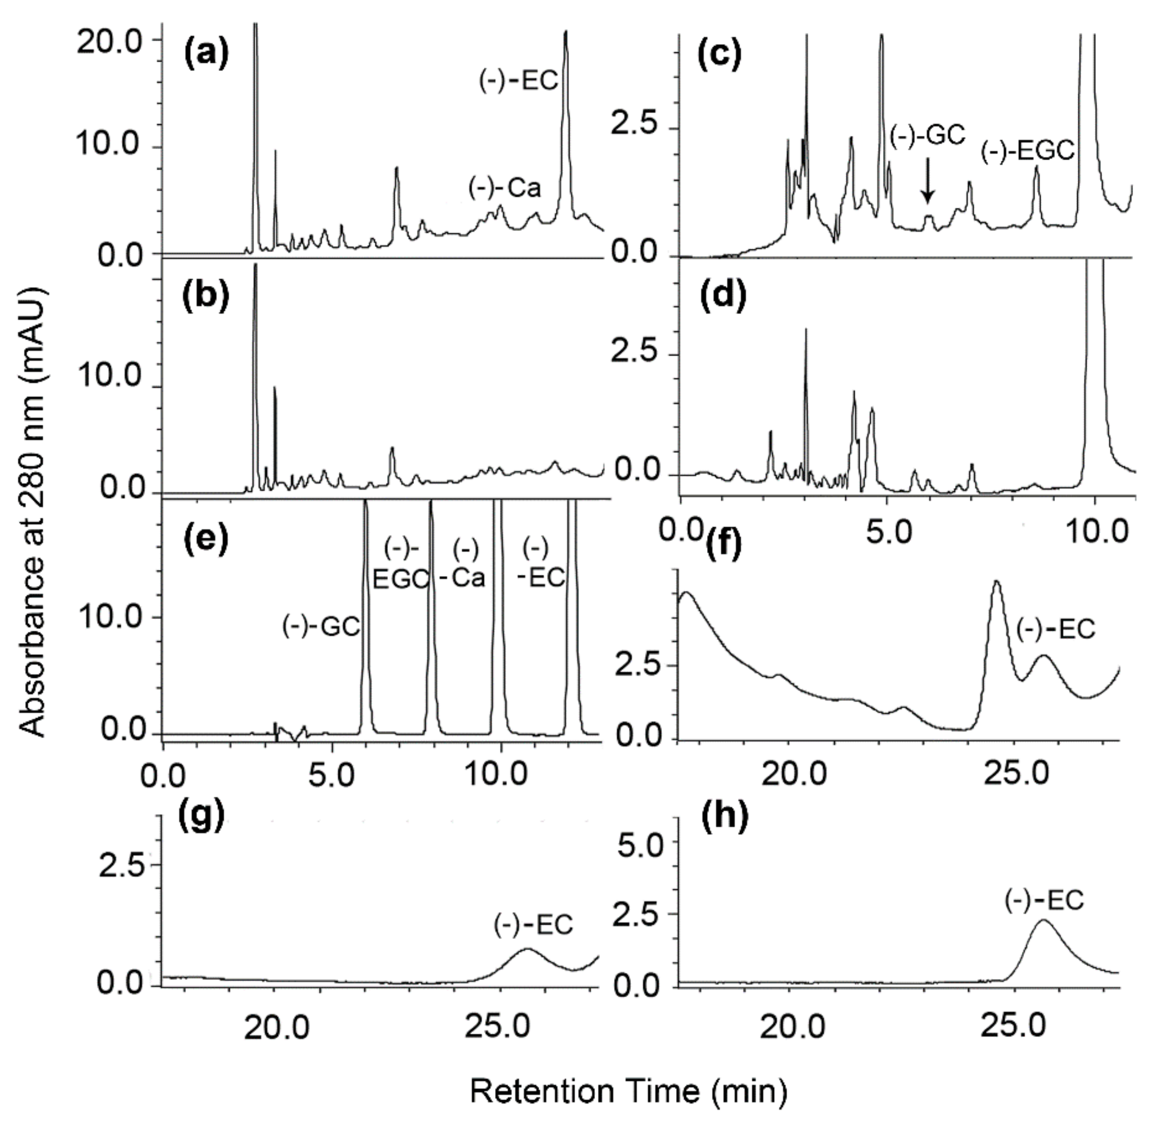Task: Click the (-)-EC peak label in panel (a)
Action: pyautogui.click(x=519, y=81)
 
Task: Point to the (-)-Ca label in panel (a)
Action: pyautogui.click(x=505, y=188)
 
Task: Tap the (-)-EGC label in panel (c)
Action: pyautogui.click(x=1028, y=152)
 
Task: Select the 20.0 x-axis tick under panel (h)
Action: pyautogui.click(x=793, y=1027)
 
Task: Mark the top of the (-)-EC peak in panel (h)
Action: pyautogui.click(x=1043, y=921)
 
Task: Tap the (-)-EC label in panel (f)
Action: pyautogui.click(x=1056, y=629)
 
